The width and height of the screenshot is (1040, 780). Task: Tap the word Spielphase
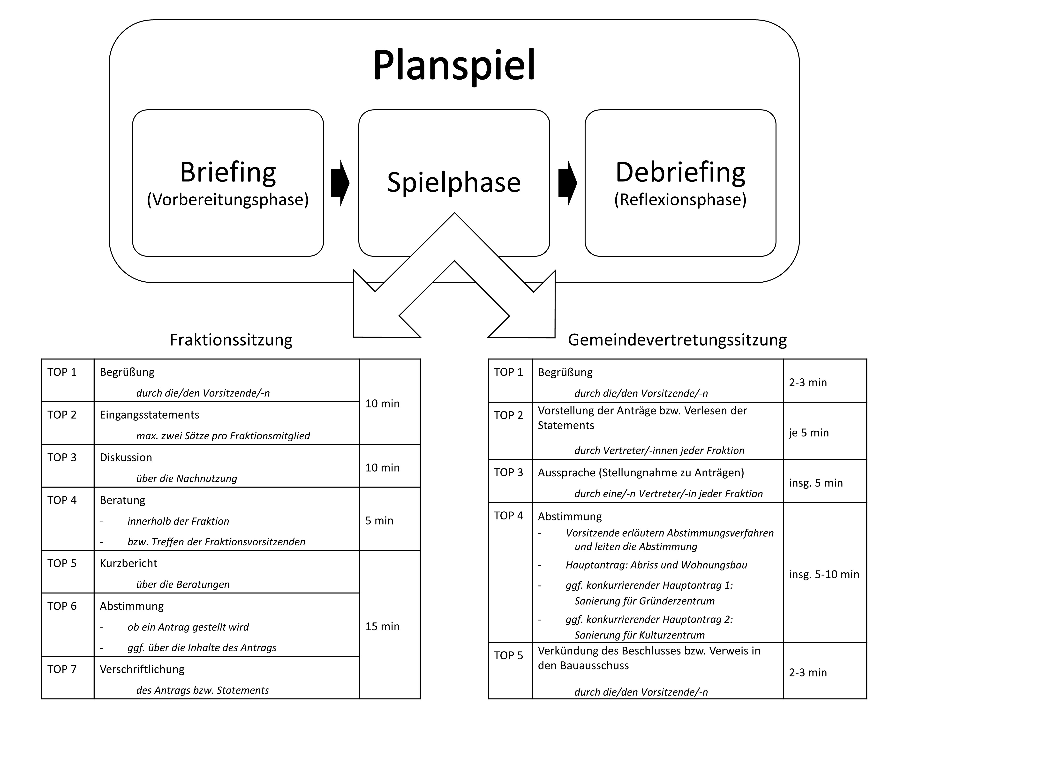coord(454,182)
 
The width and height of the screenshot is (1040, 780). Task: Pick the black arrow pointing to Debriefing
coord(567,183)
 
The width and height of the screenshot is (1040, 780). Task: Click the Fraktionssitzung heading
coord(231,339)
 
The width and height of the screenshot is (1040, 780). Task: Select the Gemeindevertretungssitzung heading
coord(677,339)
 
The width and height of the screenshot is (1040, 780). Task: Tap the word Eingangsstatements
coord(149,415)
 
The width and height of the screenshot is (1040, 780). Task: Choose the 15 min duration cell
coord(382,626)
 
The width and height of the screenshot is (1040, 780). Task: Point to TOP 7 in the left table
coord(62,669)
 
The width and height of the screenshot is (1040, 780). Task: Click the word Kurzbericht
coord(128,563)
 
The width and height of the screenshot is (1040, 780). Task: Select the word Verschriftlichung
coord(142,669)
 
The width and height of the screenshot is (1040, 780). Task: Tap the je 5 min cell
coord(809,433)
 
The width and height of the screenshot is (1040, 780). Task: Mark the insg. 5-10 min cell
coord(824,574)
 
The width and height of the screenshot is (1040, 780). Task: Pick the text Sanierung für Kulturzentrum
coord(640,635)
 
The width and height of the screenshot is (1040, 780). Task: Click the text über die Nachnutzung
coord(187,479)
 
